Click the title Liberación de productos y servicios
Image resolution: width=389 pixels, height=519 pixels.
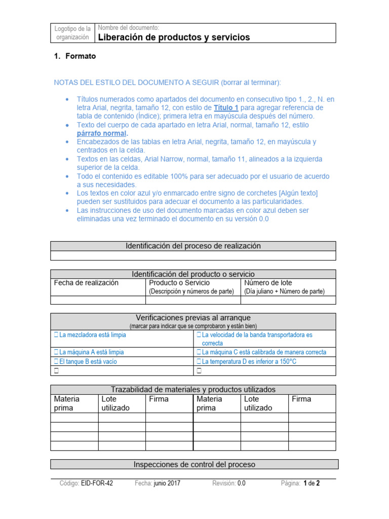173,38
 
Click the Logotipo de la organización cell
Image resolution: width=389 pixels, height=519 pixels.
73,33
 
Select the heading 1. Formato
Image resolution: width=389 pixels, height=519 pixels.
75,56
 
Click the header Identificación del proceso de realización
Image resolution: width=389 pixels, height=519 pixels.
193,246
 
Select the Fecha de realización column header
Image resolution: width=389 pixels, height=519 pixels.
86,283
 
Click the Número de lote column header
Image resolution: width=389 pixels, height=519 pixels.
268,283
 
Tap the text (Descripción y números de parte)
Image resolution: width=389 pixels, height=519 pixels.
191,291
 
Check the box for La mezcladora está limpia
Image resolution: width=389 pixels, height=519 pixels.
56,335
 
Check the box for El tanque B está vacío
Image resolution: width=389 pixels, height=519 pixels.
56,362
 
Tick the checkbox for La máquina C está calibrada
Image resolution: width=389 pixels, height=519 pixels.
199,352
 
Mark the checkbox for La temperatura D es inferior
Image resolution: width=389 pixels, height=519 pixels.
199,362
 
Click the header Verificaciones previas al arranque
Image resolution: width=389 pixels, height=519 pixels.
193,318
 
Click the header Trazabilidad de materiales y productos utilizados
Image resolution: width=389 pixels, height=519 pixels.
193,389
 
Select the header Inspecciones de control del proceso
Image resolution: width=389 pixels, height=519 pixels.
194,464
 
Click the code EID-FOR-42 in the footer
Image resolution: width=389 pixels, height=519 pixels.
97,483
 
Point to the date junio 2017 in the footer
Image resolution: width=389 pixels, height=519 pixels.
167,483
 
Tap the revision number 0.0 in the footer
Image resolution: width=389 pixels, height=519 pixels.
241,483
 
